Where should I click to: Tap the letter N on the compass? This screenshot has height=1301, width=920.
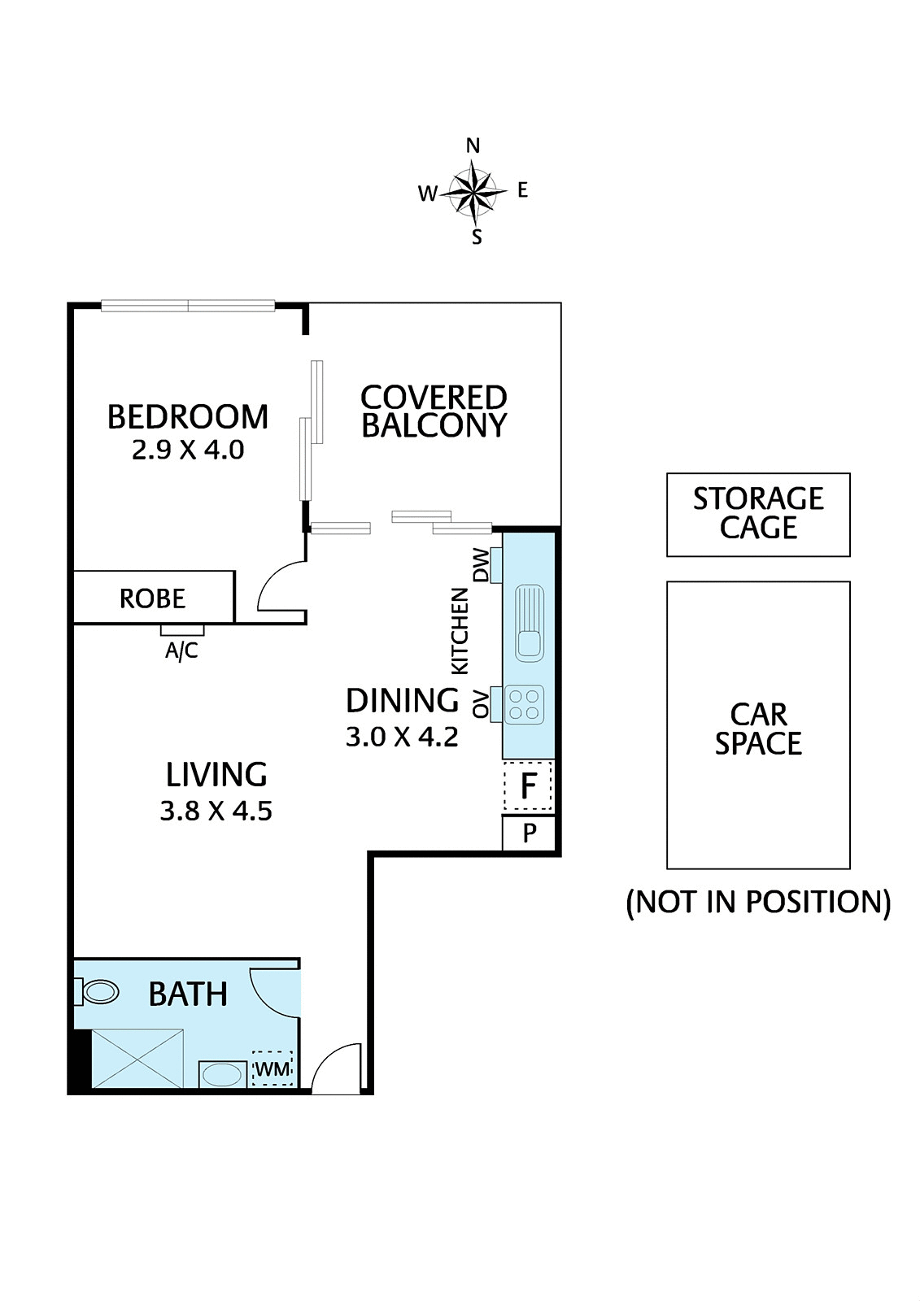pos(473,146)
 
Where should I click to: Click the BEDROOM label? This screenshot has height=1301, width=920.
pos(188,417)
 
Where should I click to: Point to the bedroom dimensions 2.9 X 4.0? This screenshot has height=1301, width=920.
pos(188,450)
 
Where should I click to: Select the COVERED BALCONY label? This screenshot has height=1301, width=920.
pos(434,411)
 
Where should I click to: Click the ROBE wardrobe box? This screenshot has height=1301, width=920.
pos(153,598)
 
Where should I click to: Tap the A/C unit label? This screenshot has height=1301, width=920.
pos(181,650)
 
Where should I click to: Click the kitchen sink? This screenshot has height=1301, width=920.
pos(530,622)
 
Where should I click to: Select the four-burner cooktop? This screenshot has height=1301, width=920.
pos(525,705)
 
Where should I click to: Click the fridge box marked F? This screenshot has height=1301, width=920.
pos(528,786)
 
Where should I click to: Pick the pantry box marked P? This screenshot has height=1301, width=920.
pos(529,833)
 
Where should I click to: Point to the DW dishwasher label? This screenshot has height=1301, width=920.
pos(481,565)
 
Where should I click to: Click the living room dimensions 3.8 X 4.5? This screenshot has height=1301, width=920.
pos(216,811)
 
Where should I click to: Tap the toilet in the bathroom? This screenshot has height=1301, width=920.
pos(98,992)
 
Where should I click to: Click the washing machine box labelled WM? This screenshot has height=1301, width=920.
pos(273,1068)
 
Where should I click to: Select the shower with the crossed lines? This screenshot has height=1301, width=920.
pos(137,1058)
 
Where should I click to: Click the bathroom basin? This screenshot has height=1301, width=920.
pos(222,1075)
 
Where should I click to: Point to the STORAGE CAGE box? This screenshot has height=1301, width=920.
pos(758,515)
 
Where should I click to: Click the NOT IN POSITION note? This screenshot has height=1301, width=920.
pos(758,903)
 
